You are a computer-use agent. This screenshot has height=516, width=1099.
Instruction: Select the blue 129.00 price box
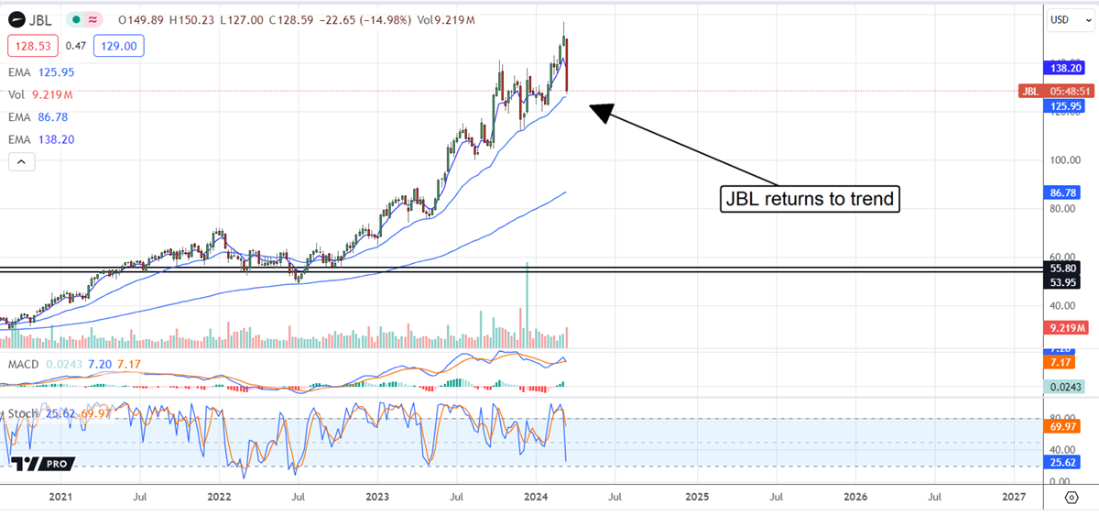118,46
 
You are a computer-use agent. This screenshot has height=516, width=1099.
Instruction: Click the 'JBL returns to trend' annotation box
809,198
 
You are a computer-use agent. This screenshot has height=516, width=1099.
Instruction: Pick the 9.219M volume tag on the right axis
1066,327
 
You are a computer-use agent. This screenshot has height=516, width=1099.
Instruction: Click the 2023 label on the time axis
376,497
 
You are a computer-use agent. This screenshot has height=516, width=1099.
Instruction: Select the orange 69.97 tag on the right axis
1066,426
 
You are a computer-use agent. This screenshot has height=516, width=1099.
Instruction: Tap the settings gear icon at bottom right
1071,497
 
